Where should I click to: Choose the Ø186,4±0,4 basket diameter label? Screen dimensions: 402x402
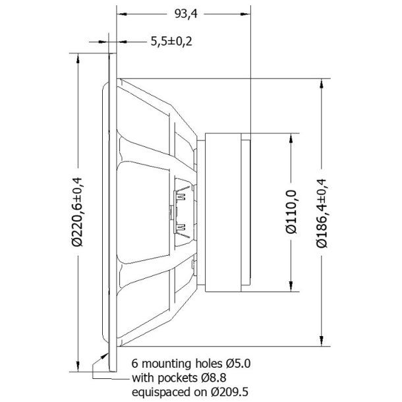point(322,212)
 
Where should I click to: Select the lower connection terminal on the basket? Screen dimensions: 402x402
point(181,229)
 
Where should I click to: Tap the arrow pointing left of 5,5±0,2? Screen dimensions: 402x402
point(123,42)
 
